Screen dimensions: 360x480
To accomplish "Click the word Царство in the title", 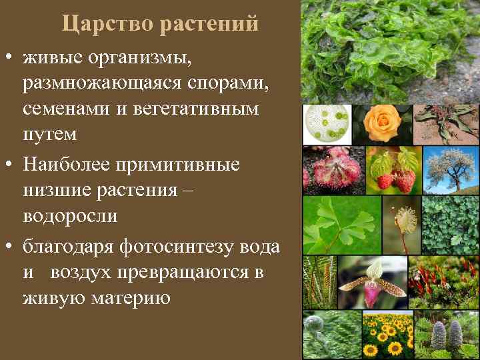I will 106,24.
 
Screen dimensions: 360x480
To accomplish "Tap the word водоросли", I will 70,216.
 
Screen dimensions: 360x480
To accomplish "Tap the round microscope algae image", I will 327,124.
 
